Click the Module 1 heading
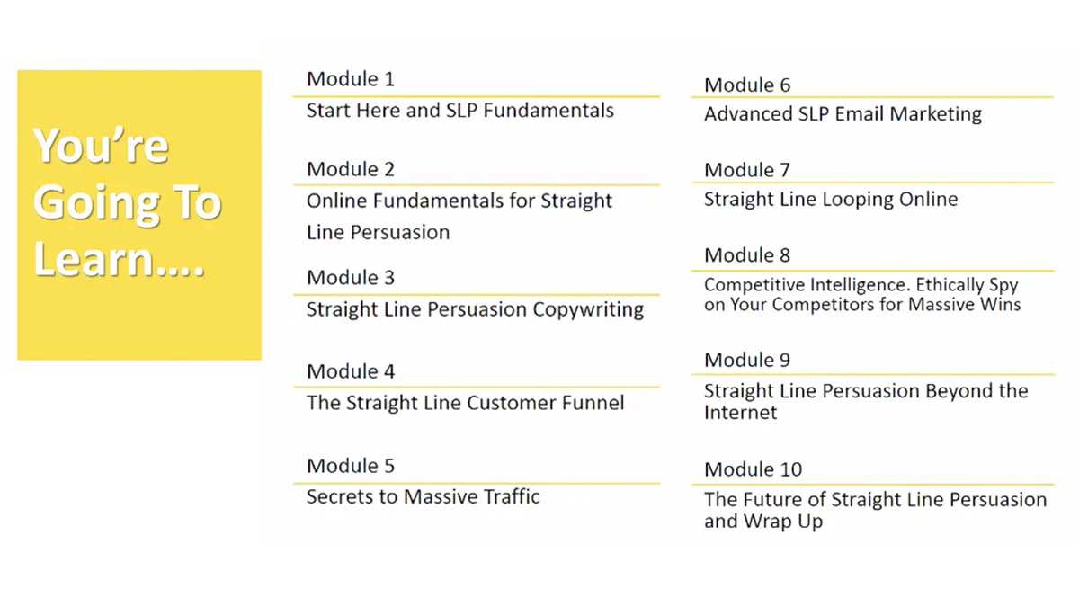coord(351,79)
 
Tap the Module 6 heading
coord(747,85)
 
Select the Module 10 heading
coord(753,469)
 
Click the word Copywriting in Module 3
coord(588,309)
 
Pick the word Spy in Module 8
coord(1003,286)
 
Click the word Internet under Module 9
coord(740,413)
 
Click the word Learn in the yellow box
coord(94,259)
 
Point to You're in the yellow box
coord(101,146)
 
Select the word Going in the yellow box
coord(96,203)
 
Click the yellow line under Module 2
coord(477,184)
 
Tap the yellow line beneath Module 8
coord(873,271)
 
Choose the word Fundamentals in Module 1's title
coord(548,111)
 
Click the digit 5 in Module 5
coord(389,466)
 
